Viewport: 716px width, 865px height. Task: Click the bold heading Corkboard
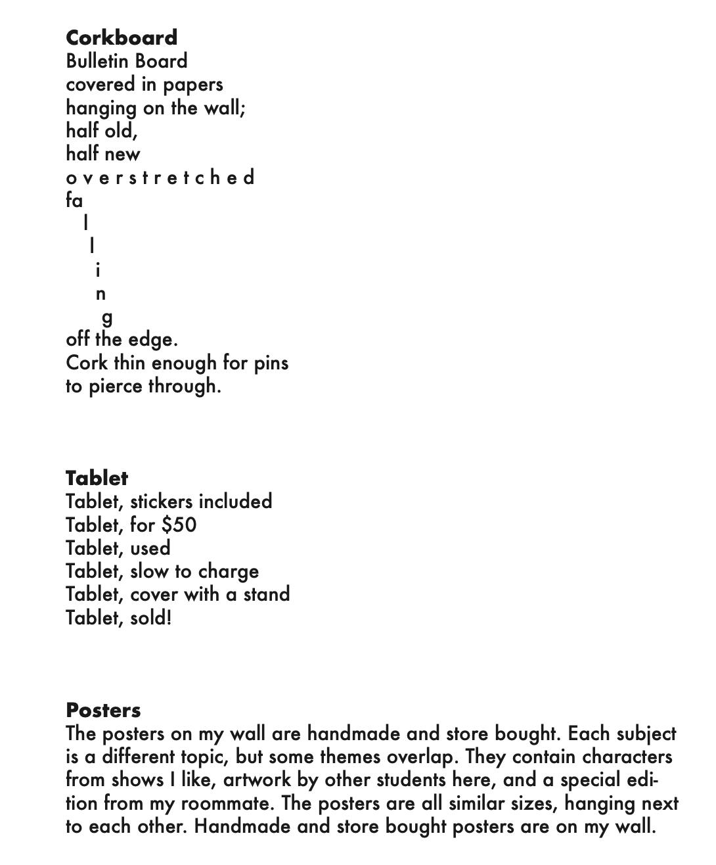[x=122, y=37]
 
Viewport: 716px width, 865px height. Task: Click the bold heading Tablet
[x=97, y=478]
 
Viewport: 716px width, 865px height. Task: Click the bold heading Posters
[x=103, y=710]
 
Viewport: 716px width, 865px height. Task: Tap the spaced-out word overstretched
[x=160, y=177]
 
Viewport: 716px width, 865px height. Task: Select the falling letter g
[x=107, y=318]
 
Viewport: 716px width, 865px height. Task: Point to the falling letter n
[x=101, y=294]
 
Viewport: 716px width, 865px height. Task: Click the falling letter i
[x=98, y=269]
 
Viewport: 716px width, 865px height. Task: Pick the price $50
[x=179, y=525]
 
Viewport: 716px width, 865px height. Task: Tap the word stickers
[x=162, y=502]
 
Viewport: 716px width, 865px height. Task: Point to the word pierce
[x=116, y=386]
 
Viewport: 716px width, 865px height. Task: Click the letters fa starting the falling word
[x=74, y=200]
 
